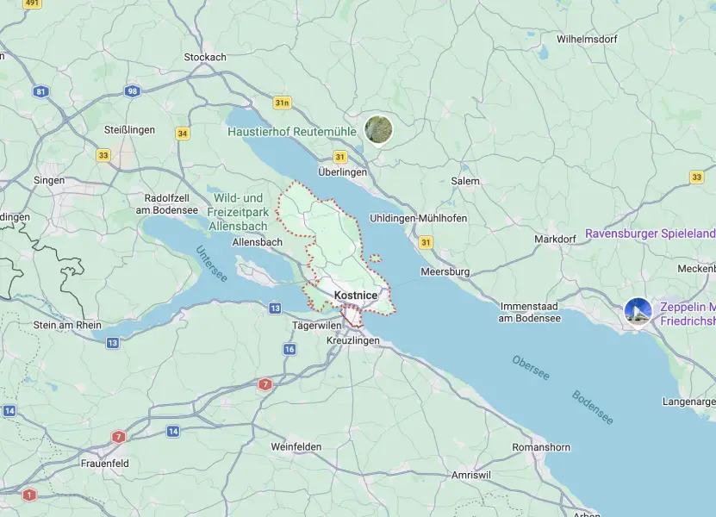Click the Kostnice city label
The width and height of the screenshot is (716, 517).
(x=355, y=296)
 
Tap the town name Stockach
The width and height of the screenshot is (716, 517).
(x=205, y=58)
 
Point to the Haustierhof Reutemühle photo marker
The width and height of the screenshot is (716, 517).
(x=378, y=129)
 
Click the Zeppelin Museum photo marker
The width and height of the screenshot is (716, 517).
(x=638, y=312)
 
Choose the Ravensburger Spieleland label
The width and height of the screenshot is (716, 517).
(x=650, y=234)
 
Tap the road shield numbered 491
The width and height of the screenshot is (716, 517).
(x=32, y=3)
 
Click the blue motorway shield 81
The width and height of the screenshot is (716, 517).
(x=41, y=90)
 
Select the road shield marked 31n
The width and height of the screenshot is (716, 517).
(x=282, y=103)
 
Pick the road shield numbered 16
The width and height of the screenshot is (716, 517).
(x=290, y=349)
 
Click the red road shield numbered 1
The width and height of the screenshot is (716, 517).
(x=30, y=495)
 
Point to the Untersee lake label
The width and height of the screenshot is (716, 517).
(x=211, y=264)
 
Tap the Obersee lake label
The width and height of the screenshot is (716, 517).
(x=530, y=369)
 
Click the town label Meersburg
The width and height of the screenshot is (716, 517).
(x=445, y=271)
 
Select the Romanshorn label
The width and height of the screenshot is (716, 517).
(x=540, y=447)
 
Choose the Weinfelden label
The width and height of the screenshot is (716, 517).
(x=296, y=446)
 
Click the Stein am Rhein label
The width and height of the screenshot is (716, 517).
(x=66, y=325)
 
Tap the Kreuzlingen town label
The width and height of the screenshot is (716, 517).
(x=353, y=341)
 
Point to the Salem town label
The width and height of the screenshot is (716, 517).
(x=465, y=181)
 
